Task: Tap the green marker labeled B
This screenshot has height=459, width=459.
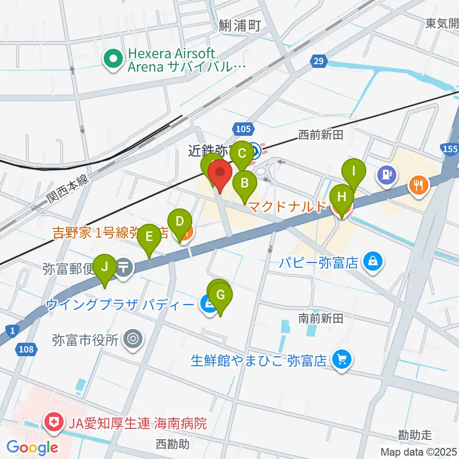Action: (244, 183)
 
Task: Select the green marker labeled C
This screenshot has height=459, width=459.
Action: (241, 154)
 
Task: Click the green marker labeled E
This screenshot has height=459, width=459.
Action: (149, 237)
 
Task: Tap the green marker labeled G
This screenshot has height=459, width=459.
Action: (220, 295)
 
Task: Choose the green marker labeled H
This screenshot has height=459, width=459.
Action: (341, 197)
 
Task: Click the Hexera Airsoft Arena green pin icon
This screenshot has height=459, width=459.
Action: (114, 60)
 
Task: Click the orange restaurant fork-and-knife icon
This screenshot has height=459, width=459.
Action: (419, 184)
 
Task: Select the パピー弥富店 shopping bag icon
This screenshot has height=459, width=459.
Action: (372, 261)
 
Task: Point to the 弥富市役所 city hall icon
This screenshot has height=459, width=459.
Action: (132, 339)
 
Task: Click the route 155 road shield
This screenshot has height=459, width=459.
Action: (449, 149)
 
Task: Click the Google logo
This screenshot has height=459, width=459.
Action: (33, 447)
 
